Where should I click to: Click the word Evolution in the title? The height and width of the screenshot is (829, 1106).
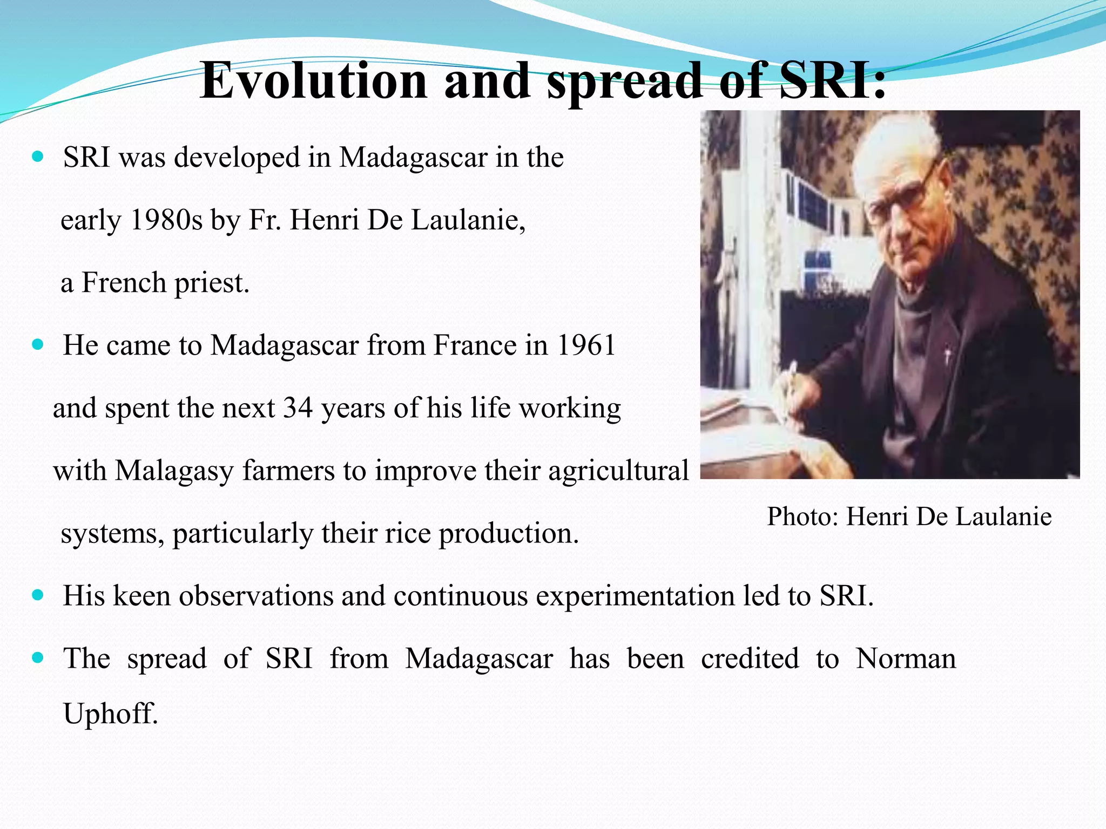click(x=313, y=81)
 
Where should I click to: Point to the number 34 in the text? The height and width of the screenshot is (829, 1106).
click(x=298, y=408)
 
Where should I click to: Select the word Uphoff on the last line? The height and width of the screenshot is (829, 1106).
click(x=111, y=714)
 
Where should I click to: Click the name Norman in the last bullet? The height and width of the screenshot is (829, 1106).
click(x=906, y=658)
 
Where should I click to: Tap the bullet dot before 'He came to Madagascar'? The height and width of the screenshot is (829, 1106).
click(x=37, y=344)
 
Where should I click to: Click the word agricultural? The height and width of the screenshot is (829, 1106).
click(x=618, y=471)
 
